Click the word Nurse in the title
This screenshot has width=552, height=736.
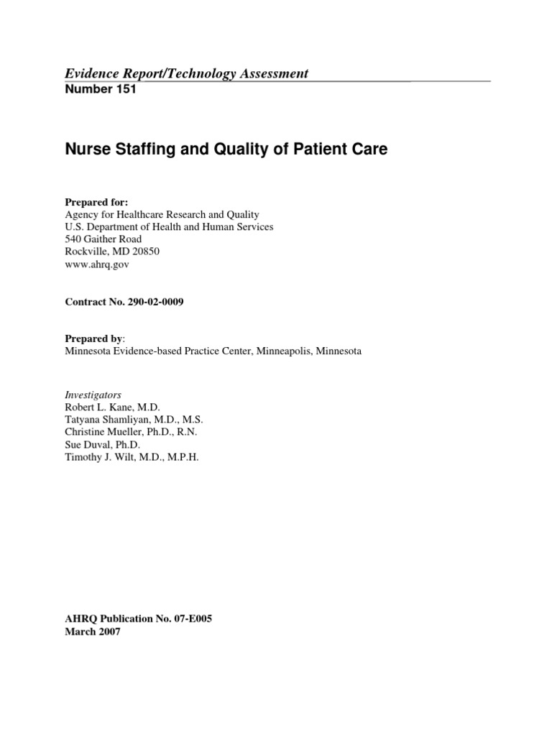coord(87,150)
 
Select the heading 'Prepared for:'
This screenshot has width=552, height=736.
coord(91,203)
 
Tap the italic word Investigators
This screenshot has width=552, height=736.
coord(93,395)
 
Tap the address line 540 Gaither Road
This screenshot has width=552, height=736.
coord(103,239)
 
